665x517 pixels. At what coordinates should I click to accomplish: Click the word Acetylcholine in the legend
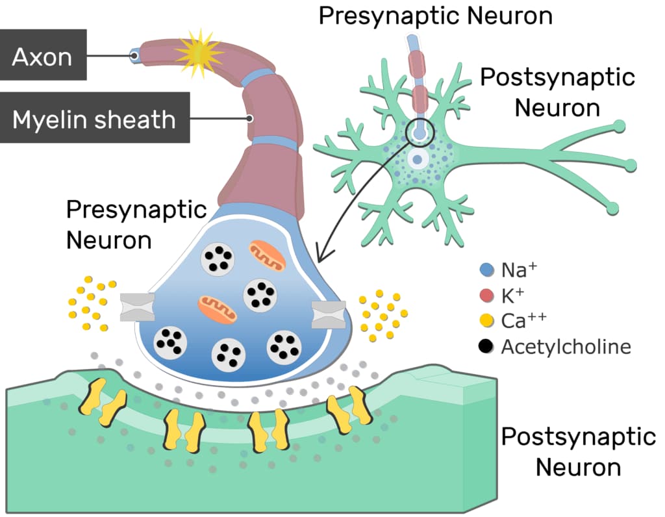(566, 346)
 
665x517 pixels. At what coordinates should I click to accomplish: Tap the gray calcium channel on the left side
(138, 307)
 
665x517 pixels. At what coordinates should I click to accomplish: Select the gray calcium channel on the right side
(328, 314)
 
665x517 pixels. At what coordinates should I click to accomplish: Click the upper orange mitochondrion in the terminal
(266, 255)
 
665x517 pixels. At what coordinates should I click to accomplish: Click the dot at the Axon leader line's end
(135, 56)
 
